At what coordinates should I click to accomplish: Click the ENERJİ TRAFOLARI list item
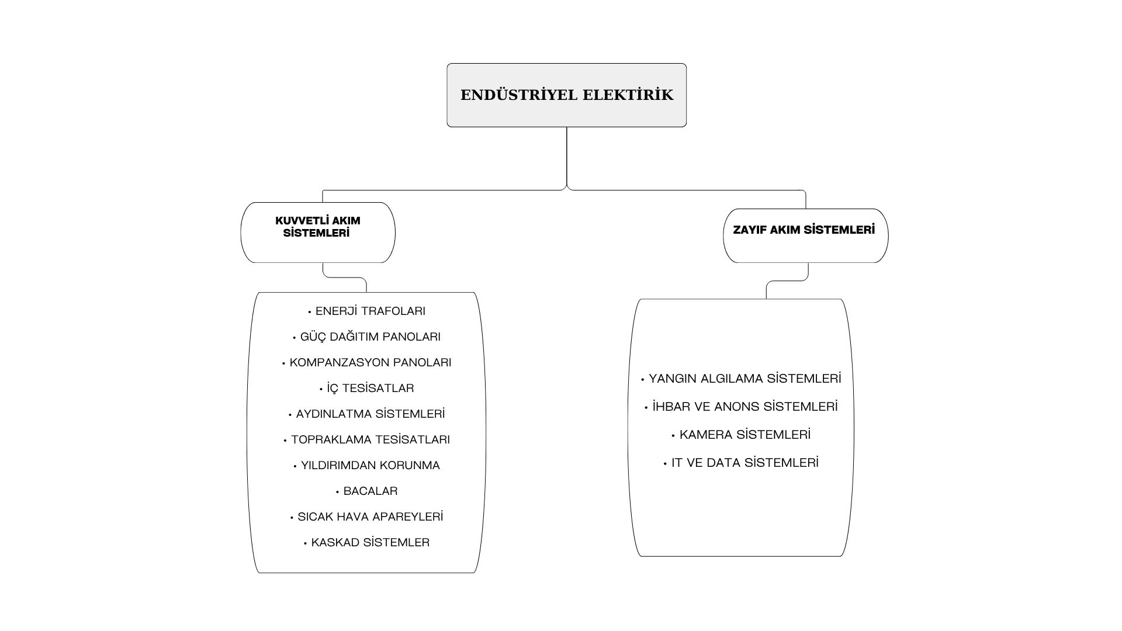[x=370, y=311]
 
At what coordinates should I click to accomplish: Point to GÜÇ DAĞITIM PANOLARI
[x=370, y=337]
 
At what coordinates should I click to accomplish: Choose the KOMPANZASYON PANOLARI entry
[x=370, y=363]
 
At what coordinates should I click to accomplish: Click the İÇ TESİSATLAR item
[x=370, y=389]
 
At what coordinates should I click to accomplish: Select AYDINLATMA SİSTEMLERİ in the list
[x=370, y=414]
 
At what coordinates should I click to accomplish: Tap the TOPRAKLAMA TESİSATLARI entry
[x=370, y=440]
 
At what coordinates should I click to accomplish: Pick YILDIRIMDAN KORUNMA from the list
[x=370, y=466]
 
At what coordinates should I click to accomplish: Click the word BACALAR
[x=370, y=491]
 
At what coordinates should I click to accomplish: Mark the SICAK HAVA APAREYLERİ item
[x=370, y=517]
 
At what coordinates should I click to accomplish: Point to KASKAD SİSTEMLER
[x=370, y=543]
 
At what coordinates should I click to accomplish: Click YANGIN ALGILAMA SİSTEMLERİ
[x=744, y=379]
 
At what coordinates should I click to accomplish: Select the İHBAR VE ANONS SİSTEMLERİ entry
[x=744, y=407]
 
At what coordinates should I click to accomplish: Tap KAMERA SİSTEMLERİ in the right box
[x=744, y=435]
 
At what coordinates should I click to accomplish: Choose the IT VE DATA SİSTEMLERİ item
[x=744, y=463]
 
